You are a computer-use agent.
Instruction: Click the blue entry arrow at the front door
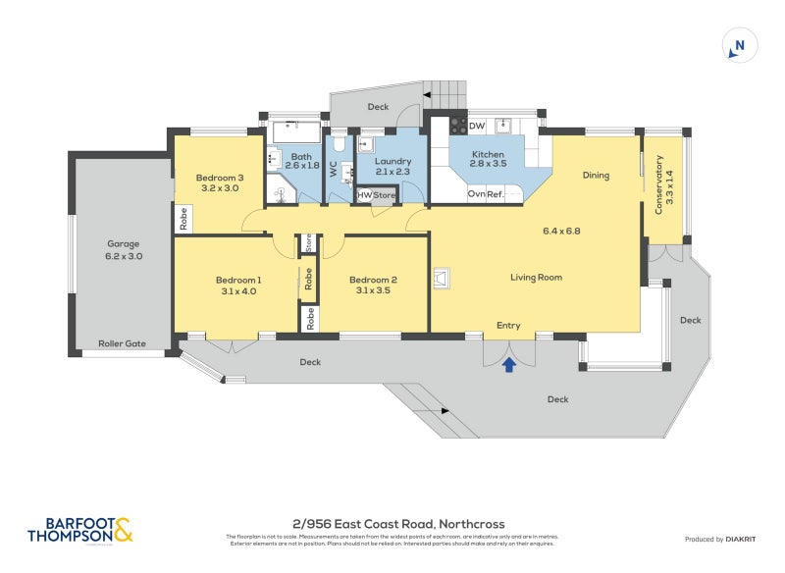pos(508,366)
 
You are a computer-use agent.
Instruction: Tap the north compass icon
pos(739,46)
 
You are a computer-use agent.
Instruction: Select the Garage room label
pos(124,244)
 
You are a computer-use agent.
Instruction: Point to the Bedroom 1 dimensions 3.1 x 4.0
pos(238,291)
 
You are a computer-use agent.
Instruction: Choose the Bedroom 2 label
pos(373,280)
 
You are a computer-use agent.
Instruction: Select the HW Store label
pos(376,195)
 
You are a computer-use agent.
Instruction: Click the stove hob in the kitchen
pos(457,127)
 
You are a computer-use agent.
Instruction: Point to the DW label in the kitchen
pos(477,127)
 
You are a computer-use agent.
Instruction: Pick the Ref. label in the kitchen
pos(496,194)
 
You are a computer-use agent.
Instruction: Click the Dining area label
pos(596,176)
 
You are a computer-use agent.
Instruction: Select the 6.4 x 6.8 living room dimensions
pos(562,232)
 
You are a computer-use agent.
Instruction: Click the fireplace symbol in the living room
pos(442,281)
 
